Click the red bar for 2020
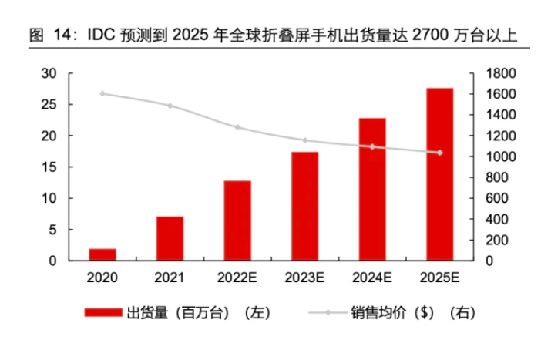point(102,254)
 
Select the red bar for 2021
point(170,238)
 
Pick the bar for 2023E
point(304,206)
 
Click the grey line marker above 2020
point(102,94)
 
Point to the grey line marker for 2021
point(170,106)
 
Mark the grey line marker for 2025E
point(439,153)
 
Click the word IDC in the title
point(102,35)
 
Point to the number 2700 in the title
point(431,35)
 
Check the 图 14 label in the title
point(47,35)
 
